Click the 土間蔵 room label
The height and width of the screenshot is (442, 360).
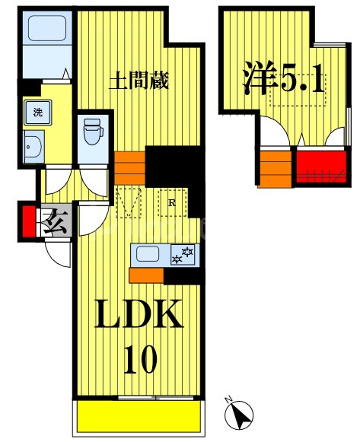[138, 79]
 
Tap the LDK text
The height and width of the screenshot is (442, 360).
[139, 313]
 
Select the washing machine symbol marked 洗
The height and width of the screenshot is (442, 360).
[37, 114]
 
